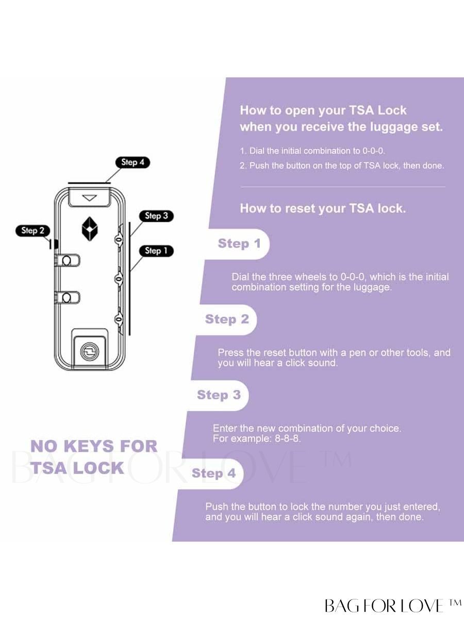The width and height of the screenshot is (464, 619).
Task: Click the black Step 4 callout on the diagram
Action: (132, 162)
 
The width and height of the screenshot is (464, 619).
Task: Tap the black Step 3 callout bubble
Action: (156, 216)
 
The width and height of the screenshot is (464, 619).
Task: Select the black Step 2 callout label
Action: (32, 231)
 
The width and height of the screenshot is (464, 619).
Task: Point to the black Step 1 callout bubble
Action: (156, 251)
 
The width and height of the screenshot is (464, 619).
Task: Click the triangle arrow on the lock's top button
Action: (90, 198)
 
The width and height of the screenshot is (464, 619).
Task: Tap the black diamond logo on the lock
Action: (90, 229)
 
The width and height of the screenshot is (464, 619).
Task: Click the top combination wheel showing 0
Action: (119, 240)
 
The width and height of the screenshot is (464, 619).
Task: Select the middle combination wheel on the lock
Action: (119, 279)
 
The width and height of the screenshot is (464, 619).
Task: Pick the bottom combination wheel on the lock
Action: (119, 319)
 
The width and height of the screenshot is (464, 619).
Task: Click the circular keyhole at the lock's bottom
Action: (90, 351)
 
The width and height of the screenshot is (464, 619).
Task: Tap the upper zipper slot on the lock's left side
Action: (68, 260)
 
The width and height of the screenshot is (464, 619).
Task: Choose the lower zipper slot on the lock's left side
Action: (68, 298)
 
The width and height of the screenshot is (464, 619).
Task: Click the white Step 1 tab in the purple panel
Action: (239, 244)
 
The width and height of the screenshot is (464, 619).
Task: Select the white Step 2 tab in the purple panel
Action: (227, 319)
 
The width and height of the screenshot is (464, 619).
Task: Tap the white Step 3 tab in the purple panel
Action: (219, 395)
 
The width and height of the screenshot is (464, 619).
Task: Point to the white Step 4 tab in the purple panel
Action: (213, 474)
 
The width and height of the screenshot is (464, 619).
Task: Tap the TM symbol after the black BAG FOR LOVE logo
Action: (454, 603)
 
